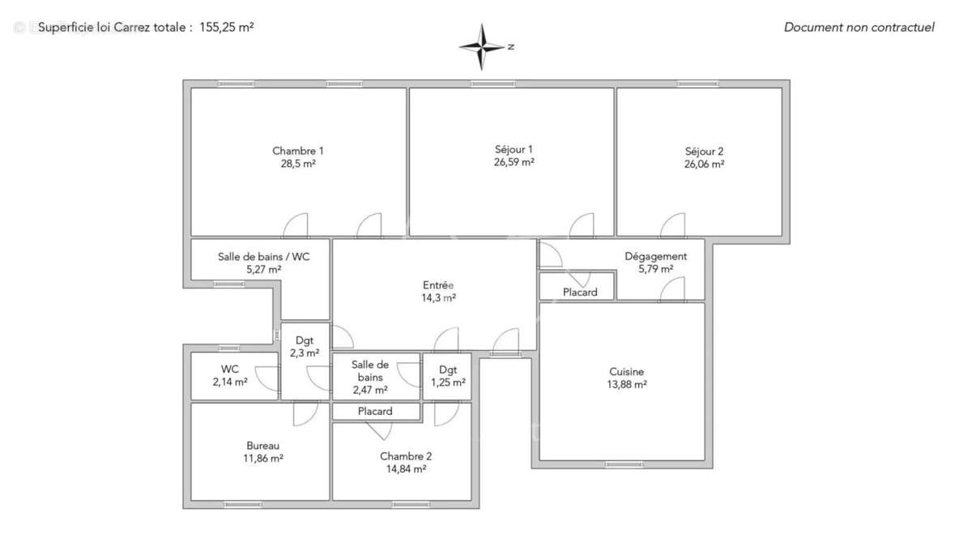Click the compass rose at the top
pyautogui.click(x=483, y=46)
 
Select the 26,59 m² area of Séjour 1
pyautogui.click(x=514, y=162)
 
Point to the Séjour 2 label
pyautogui.click(x=704, y=151)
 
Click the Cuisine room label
pyautogui.click(x=627, y=372)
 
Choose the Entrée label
pyautogui.click(x=438, y=285)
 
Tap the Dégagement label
pyautogui.click(x=655, y=257)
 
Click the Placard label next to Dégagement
pyautogui.click(x=580, y=292)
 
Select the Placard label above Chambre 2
pyautogui.click(x=375, y=412)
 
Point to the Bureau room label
pyautogui.click(x=263, y=446)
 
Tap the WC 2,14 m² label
pyautogui.click(x=230, y=375)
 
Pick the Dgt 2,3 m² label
pyautogui.click(x=305, y=347)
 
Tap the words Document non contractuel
pyautogui.click(x=859, y=28)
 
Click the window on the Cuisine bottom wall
pyautogui.click(x=624, y=465)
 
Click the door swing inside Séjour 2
pyautogui.click(x=674, y=225)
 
